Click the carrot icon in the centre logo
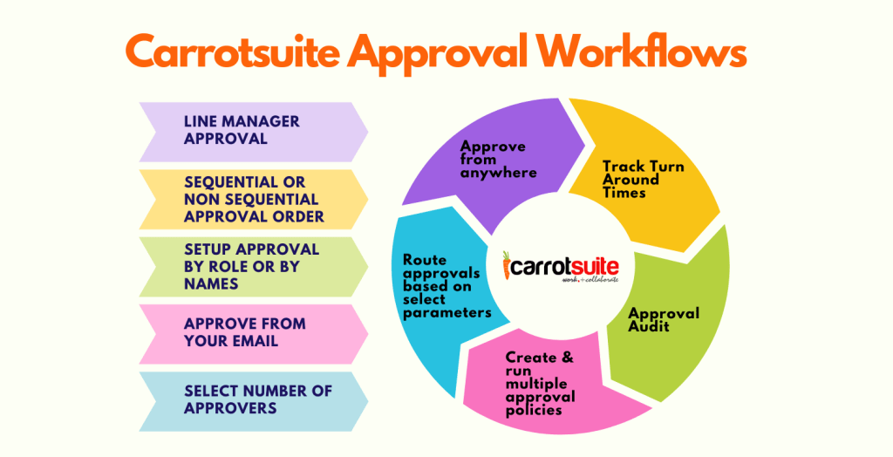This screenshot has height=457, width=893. click(x=508, y=265)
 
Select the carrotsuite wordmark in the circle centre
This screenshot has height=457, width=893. click(x=562, y=263)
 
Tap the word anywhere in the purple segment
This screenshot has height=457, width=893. click(x=499, y=173)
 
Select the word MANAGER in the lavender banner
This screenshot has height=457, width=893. click(x=260, y=122)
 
